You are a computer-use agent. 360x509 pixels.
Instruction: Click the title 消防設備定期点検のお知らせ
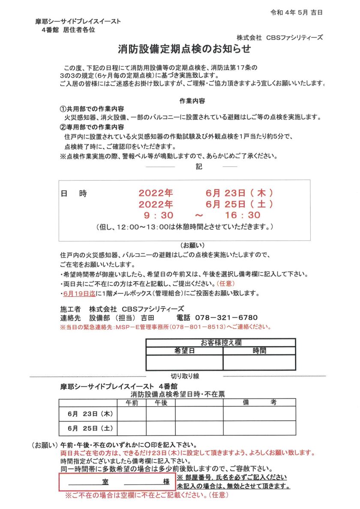184,49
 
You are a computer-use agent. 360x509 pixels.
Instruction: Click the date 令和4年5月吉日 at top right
297,12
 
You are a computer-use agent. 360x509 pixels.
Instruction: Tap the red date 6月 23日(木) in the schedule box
239,193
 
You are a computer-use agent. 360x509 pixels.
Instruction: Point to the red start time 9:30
158,215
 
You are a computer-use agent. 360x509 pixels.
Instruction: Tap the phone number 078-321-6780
226,318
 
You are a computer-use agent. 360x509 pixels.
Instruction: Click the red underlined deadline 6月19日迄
79,293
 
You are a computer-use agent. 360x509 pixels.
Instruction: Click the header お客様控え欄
221,342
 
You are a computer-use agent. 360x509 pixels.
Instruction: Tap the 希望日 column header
184,351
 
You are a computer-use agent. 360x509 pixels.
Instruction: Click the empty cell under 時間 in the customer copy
259,362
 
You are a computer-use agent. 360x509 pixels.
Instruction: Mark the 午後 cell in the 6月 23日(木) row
161,414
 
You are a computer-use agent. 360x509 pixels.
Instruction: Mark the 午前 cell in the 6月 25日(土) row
132,428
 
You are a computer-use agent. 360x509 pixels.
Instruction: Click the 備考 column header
259,402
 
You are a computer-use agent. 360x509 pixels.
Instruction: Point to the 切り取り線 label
185,376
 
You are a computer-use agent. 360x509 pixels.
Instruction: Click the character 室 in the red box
105,482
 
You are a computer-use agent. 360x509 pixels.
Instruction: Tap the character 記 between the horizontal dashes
199,166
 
